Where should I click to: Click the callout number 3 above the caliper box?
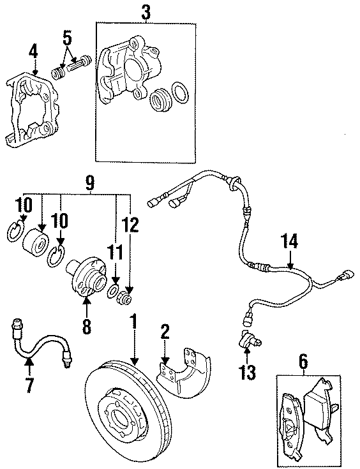[147, 11]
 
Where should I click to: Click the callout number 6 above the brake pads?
[302, 362]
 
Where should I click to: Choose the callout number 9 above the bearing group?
[90, 184]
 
